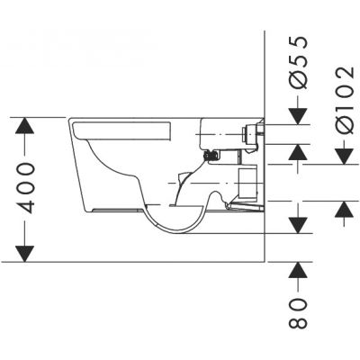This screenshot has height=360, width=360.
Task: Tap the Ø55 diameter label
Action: click(300, 63)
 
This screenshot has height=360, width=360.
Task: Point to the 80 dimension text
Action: click(300, 310)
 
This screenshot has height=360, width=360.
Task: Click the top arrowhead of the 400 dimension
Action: click(29, 126)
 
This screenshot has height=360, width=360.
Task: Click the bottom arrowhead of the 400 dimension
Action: click(29, 253)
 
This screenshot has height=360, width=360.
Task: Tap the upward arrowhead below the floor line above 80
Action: click(300, 270)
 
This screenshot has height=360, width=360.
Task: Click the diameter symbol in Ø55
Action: click(300, 84)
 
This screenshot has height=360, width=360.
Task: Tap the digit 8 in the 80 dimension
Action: click(300, 319)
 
